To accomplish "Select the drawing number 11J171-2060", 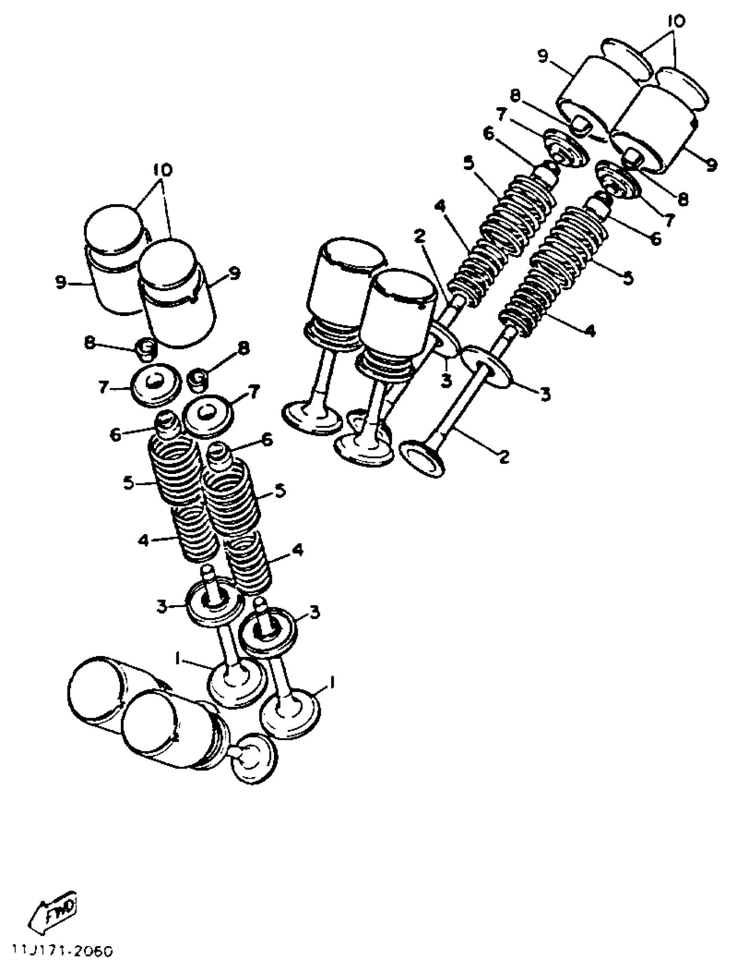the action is click(x=62, y=950).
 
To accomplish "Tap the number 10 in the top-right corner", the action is click(x=676, y=22).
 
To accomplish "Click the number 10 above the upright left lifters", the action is click(x=163, y=170).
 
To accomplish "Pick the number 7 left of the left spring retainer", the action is click(x=103, y=388).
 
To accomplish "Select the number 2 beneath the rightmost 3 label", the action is click(x=504, y=457).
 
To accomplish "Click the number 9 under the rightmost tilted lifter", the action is click(x=711, y=165).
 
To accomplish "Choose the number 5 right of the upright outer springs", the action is click(x=279, y=490).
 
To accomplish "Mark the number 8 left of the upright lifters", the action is click(x=89, y=343).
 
